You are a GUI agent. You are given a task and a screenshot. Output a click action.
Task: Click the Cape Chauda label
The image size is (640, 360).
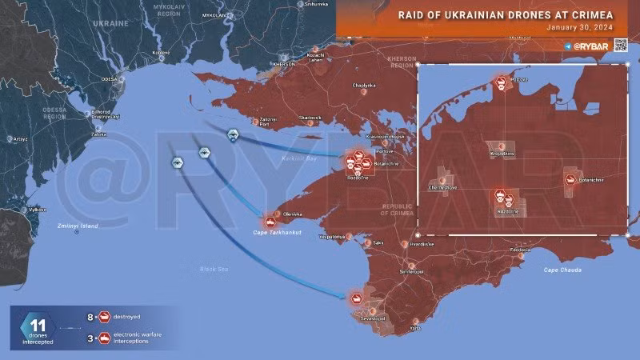(562, 270)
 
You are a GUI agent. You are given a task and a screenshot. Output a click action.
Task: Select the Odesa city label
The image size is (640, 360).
(109, 79)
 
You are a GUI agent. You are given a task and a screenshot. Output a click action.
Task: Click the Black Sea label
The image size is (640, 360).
(214, 269)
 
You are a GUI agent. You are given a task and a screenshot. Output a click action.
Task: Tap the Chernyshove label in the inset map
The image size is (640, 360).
(443, 187)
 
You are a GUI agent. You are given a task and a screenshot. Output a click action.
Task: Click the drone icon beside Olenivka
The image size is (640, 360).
(270, 222)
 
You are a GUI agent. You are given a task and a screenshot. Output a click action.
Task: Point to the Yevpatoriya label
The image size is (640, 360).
(332, 237)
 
